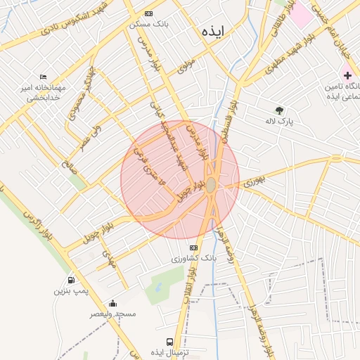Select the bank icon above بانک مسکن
pyautogui.click(x=148, y=13)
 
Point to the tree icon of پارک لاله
pyautogui.click(x=280, y=110)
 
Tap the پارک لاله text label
pyautogui.click(x=280, y=121)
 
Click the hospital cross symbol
pyautogui.click(x=347, y=75)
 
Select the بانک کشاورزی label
pyautogui.click(x=193, y=259)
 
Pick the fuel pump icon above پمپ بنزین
pyautogui.click(x=71, y=280)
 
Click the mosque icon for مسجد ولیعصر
pyautogui.click(x=112, y=303)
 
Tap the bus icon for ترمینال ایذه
pyautogui.click(x=169, y=342)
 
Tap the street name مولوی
pyautogui.click(x=186, y=66)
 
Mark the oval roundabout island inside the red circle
pyautogui.click(x=211, y=185)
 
